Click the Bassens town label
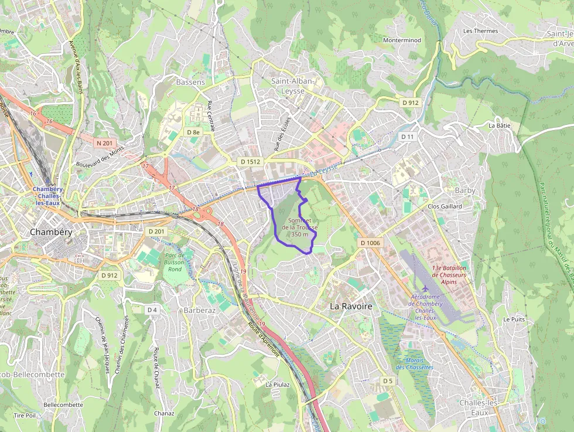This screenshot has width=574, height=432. tap(190, 82)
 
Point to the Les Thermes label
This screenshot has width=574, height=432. tap(480, 31)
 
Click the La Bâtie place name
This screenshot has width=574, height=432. tap(500, 125)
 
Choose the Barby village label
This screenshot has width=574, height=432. tap(465, 191)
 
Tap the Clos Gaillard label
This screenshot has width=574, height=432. tap(445, 206)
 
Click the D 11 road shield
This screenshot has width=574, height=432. tap(407, 137)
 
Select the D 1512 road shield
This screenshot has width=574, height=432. tap(250, 161)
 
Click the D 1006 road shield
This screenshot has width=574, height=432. tap(370, 243)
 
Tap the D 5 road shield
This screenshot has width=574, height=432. tap(387, 381)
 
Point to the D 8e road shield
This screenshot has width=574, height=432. tap(193, 132)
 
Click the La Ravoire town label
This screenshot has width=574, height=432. tap(351, 306)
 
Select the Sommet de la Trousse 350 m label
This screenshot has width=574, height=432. tap(299, 227)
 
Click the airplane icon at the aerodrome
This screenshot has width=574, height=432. tap(425, 288)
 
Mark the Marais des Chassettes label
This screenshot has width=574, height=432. tap(414, 363)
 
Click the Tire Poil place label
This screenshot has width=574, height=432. tap(25, 415)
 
